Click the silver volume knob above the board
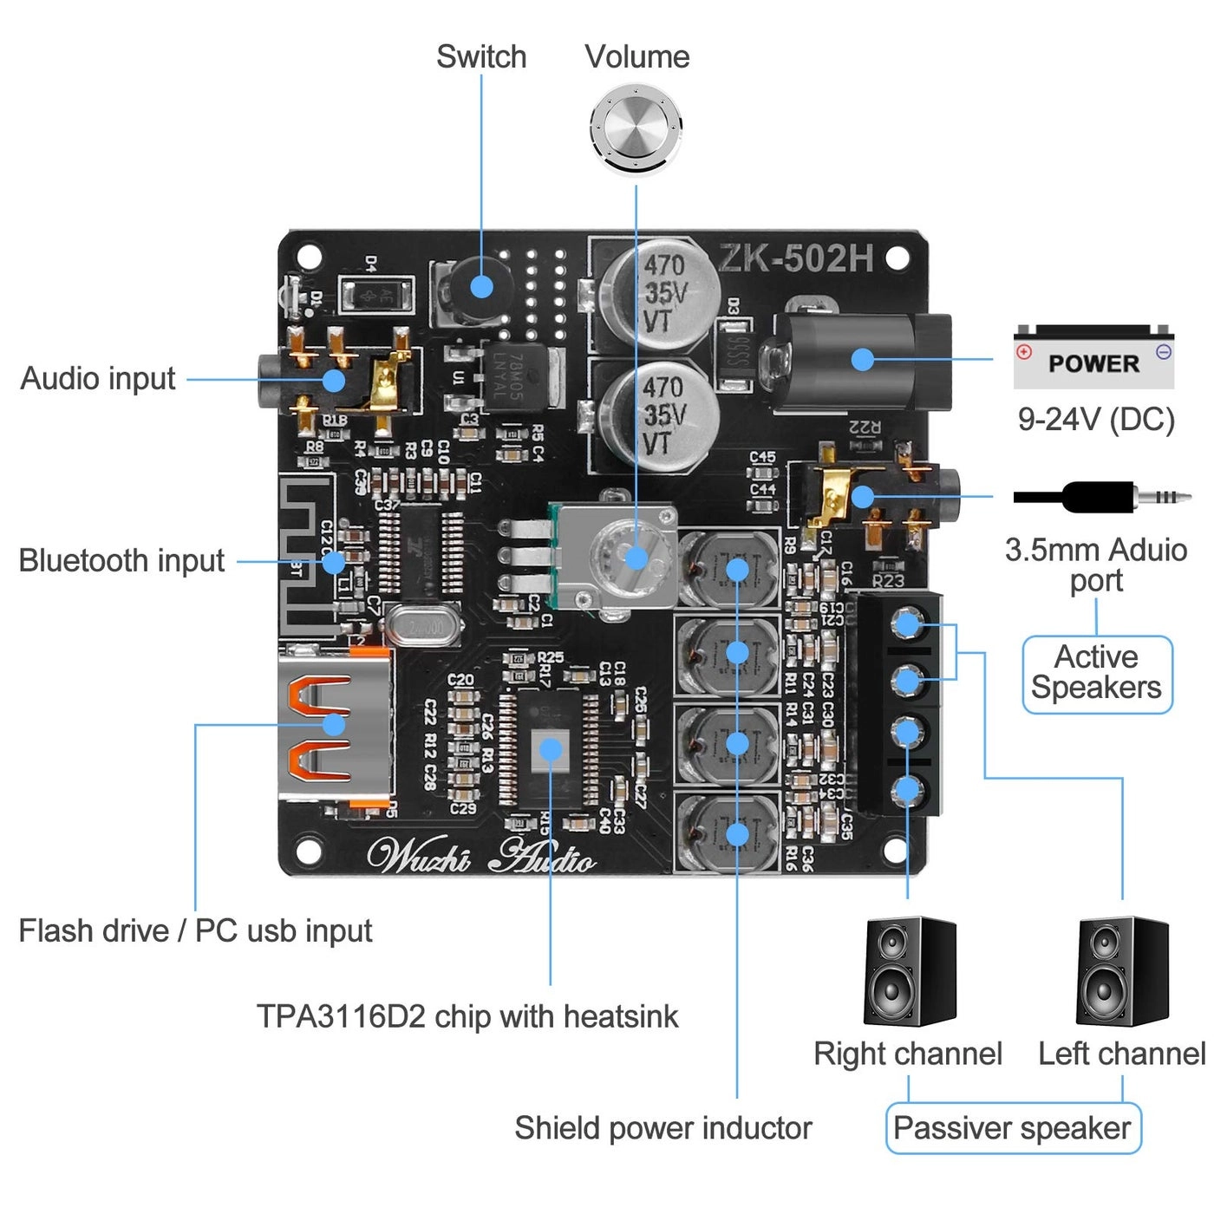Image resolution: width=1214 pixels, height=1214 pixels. (x=636, y=128)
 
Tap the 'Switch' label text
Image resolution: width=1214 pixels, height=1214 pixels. (x=481, y=57)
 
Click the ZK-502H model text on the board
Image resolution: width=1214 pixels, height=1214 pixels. (x=795, y=258)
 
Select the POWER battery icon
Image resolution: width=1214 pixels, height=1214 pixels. (x=1093, y=357)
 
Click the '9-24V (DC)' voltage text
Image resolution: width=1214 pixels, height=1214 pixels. (x=1096, y=420)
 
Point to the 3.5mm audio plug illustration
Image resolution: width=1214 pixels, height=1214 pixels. (x=1101, y=498)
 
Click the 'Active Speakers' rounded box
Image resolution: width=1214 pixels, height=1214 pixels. (x=1097, y=675)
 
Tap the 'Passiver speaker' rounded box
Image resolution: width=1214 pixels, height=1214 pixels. (x=1013, y=1128)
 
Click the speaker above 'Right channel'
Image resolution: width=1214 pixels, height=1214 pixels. (x=909, y=971)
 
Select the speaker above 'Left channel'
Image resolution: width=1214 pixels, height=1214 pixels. (x=1122, y=971)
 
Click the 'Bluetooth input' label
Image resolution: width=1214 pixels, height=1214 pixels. (x=121, y=561)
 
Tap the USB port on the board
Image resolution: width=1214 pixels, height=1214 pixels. (x=334, y=724)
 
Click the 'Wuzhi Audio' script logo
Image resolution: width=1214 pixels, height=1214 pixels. (x=481, y=856)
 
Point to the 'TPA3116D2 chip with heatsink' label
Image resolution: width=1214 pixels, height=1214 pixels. (x=467, y=1016)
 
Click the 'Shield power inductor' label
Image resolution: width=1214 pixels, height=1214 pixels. (x=662, y=1128)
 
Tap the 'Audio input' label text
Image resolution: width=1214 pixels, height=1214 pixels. (x=98, y=379)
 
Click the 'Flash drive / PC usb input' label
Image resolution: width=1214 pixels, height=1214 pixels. (x=195, y=931)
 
